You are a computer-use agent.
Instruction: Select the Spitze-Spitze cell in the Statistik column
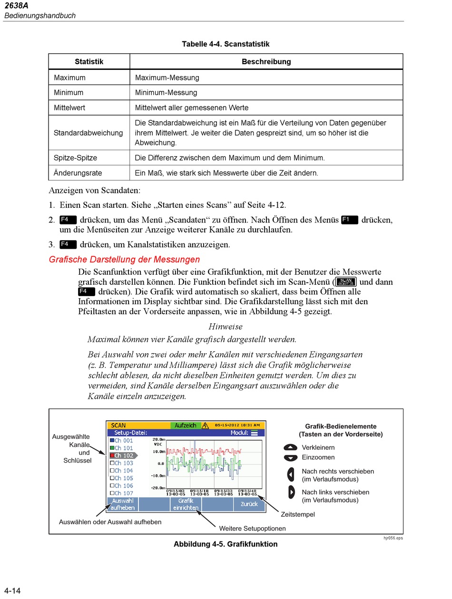pyautogui.click(x=75, y=158)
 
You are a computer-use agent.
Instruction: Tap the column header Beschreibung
pyautogui.click(x=266, y=62)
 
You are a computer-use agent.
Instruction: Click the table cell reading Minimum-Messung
pyautogui.click(x=166, y=93)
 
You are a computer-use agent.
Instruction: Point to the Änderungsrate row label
pyautogui.click(x=78, y=173)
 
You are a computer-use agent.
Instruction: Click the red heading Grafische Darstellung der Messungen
pyautogui.click(x=124, y=260)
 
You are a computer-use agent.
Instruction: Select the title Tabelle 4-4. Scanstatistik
pyautogui.click(x=226, y=44)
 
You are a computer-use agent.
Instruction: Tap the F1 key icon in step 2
pyautogui.click(x=349, y=220)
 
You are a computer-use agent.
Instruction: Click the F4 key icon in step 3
pyautogui.click(x=68, y=244)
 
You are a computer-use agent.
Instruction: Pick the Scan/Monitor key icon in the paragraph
pyautogui.click(x=345, y=281)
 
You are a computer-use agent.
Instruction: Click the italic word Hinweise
pyautogui.click(x=226, y=327)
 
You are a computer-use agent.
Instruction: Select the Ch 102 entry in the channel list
pyautogui.click(x=123, y=455)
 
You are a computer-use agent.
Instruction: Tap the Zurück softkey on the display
pyautogui.click(x=249, y=504)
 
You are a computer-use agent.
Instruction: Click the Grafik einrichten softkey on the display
pyautogui.click(x=186, y=504)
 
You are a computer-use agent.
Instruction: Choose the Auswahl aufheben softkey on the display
pyautogui.click(x=122, y=504)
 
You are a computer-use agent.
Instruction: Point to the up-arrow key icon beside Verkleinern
pyautogui.click(x=290, y=447)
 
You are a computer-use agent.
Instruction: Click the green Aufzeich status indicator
pyautogui.click(x=186, y=425)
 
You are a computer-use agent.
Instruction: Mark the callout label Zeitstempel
pyautogui.click(x=298, y=514)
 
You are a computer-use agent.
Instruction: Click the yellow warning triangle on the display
pyautogui.click(x=206, y=425)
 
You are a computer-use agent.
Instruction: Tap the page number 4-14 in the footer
pyautogui.click(x=13, y=591)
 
